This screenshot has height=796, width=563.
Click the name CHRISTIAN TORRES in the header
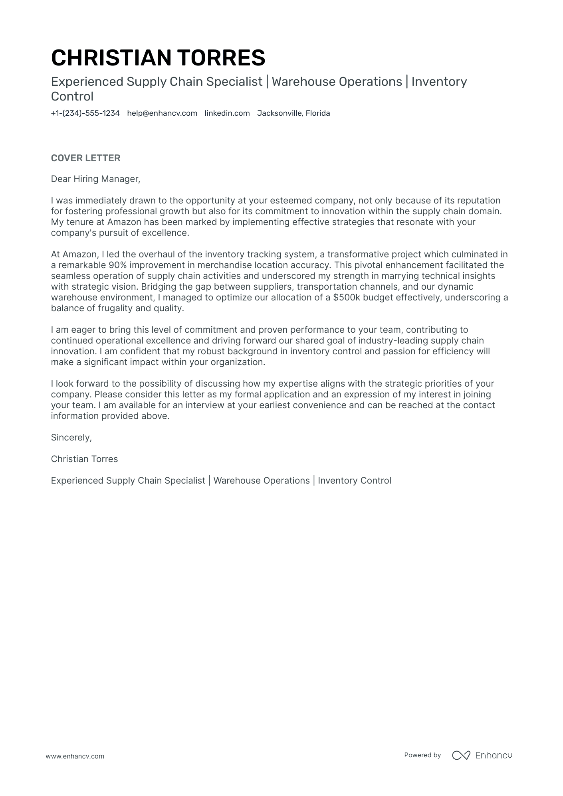coord(158,57)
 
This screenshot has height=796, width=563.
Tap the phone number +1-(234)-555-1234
coord(85,113)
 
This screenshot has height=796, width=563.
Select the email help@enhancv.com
coord(162,113)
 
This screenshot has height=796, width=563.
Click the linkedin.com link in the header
coord(227,113)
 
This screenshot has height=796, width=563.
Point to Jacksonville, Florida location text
coord(293,113)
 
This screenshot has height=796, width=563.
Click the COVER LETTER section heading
coord(85,158)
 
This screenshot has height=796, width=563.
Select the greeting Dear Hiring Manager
coord(95,179)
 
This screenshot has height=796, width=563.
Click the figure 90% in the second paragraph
coord(117,265)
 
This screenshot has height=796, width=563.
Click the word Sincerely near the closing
coord(71,438)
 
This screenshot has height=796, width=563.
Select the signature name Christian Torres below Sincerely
coord(84,459)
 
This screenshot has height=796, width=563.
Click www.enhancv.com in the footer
coord(75,756)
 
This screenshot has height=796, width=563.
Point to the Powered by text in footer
coord(422,755)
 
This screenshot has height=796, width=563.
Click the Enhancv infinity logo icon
coord(461,755)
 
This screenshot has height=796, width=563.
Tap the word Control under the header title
coord(72,97)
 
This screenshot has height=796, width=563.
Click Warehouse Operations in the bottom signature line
coord(262,481)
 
